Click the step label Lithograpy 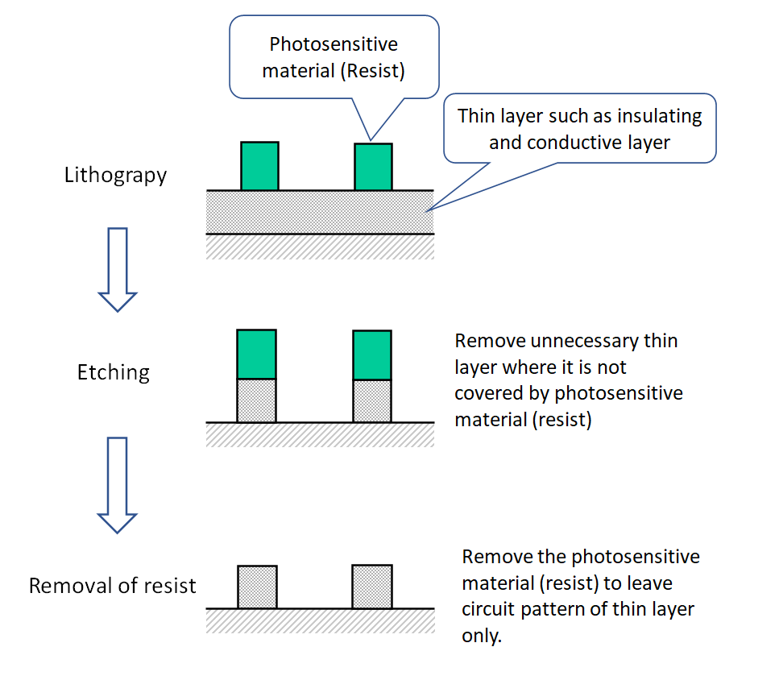(x=115, y=176)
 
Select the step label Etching (x=114, y=372)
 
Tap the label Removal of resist (x=112, y=586)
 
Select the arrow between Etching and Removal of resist (x=118, y=484)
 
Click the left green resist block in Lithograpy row (x=259, y=166)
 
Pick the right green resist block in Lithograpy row (x=373, y=167)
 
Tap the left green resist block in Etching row (x=256, y=355)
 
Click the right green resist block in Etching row (x=372, y=355)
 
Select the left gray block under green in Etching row (x=256, y=400)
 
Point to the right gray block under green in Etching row (x=372, y=400)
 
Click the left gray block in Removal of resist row (x=257, y=587)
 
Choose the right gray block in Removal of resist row (x=372, y=587)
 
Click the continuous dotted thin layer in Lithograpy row (x=321, y=212)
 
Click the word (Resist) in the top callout (x=371, y=70)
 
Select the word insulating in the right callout (x=659, y=116)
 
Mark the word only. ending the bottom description (x=482, y=636)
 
